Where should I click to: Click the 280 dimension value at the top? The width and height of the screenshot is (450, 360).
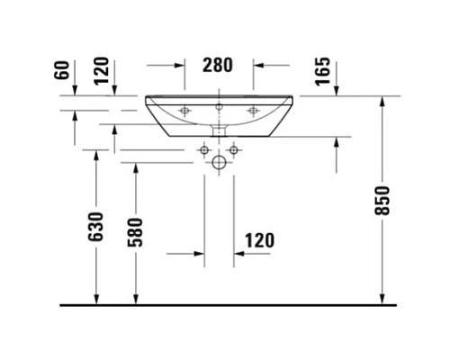[x=218, y=65]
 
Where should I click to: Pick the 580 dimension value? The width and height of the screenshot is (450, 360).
[x=136, y=232]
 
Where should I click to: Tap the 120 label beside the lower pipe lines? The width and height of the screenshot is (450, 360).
[x=257, y=240]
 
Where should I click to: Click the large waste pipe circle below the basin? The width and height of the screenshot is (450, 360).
[x=218, y=164]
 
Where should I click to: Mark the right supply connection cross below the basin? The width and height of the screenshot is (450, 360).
[x=233, y=148]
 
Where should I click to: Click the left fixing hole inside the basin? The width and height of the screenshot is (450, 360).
[x=186, y=111]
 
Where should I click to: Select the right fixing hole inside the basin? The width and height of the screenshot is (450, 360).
[x=253, y=111]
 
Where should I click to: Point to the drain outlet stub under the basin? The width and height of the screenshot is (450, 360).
[x=218, y=132]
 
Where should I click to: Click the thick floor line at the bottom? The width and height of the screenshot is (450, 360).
[x=225, y=305]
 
